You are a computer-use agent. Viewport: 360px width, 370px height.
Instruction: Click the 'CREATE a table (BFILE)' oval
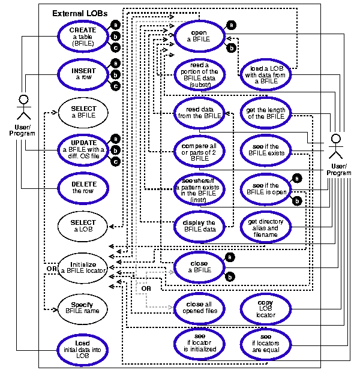tap(83, 36)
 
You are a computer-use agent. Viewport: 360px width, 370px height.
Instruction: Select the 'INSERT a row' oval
tap(83, 75)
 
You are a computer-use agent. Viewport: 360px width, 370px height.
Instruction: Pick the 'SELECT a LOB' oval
tap(83, 226)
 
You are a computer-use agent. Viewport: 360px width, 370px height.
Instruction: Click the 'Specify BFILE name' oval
tap(83, 309)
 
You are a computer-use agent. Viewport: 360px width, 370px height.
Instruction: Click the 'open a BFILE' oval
tap(197, 36)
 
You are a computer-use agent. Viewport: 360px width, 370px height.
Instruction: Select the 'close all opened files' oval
tap(197, 306)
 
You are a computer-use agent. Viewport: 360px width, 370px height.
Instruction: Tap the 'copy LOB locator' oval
tap(265, 306)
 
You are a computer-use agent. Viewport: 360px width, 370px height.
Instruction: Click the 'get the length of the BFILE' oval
tap(265, 112)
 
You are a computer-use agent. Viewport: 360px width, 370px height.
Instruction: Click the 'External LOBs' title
tap(76, 13)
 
